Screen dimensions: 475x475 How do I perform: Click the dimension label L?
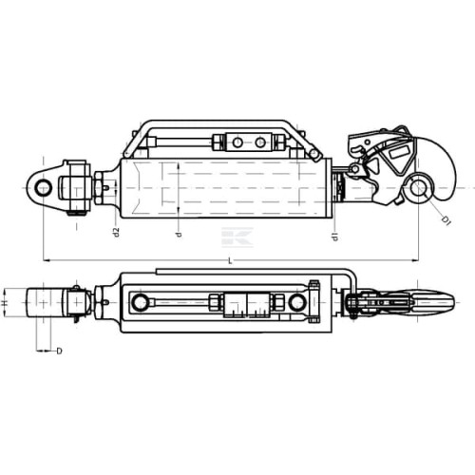(230, 261)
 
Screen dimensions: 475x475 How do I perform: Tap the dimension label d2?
(117, 232)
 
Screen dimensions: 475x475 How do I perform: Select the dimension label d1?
(335, 237)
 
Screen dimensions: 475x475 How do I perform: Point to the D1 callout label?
(446, 220)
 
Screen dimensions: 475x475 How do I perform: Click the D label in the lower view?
(59, 351)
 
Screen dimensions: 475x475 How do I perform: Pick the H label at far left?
(4, 303)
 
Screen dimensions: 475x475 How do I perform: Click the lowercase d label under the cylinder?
(179, 235)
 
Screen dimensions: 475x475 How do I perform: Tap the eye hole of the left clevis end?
(44, 188)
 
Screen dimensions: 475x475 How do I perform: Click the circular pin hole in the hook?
(419, 188)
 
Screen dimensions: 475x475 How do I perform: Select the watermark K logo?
(237, 237)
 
